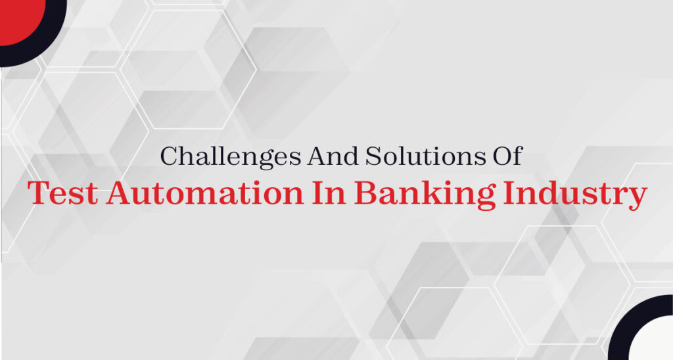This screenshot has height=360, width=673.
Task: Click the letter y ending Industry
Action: [x=637, y=198]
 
